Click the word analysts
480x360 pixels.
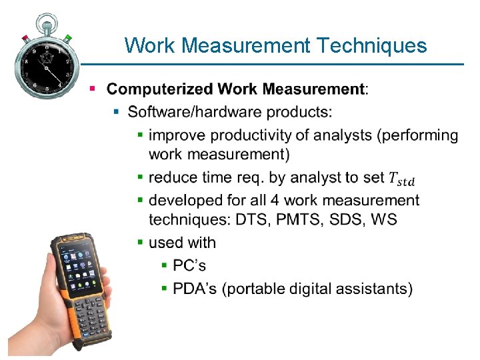coord(341,135)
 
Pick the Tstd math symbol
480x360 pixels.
coord(401,179)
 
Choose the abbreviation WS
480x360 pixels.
coord(383,220)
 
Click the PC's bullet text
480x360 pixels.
coord(189,265)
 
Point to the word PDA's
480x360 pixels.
coord(195,289)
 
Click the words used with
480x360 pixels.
coord(182,243)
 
